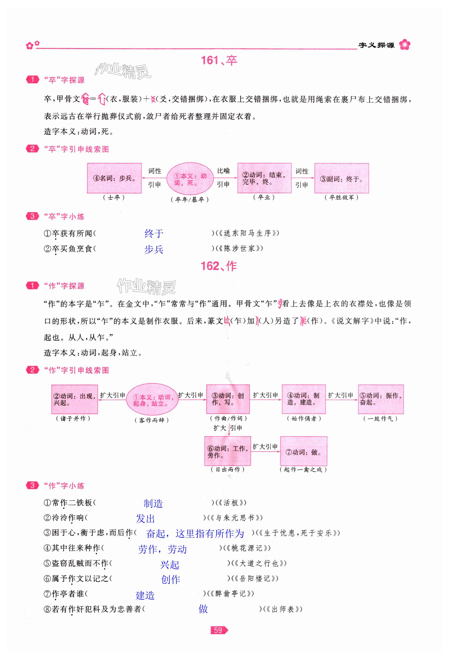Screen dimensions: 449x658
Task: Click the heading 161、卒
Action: [x=219, y=60]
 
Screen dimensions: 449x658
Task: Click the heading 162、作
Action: [x=219, y=266]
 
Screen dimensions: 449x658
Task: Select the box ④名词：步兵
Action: [x=114, y=178]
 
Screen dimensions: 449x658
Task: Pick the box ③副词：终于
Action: [x=341, y=178]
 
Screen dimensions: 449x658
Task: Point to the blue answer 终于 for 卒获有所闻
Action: [x=154, y=234]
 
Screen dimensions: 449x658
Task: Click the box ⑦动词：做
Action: [x=303, y=452]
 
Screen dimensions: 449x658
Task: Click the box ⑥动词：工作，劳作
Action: [x=228, y=452]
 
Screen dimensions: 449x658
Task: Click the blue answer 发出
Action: [x=145, y=518]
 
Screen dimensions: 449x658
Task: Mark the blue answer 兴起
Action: [x=170, y=565]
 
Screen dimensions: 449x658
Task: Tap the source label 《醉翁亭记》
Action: [x=230, y=593]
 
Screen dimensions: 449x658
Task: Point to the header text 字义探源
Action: [x=376, y=45]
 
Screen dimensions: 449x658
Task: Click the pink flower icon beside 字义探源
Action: [x=405, y=45]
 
